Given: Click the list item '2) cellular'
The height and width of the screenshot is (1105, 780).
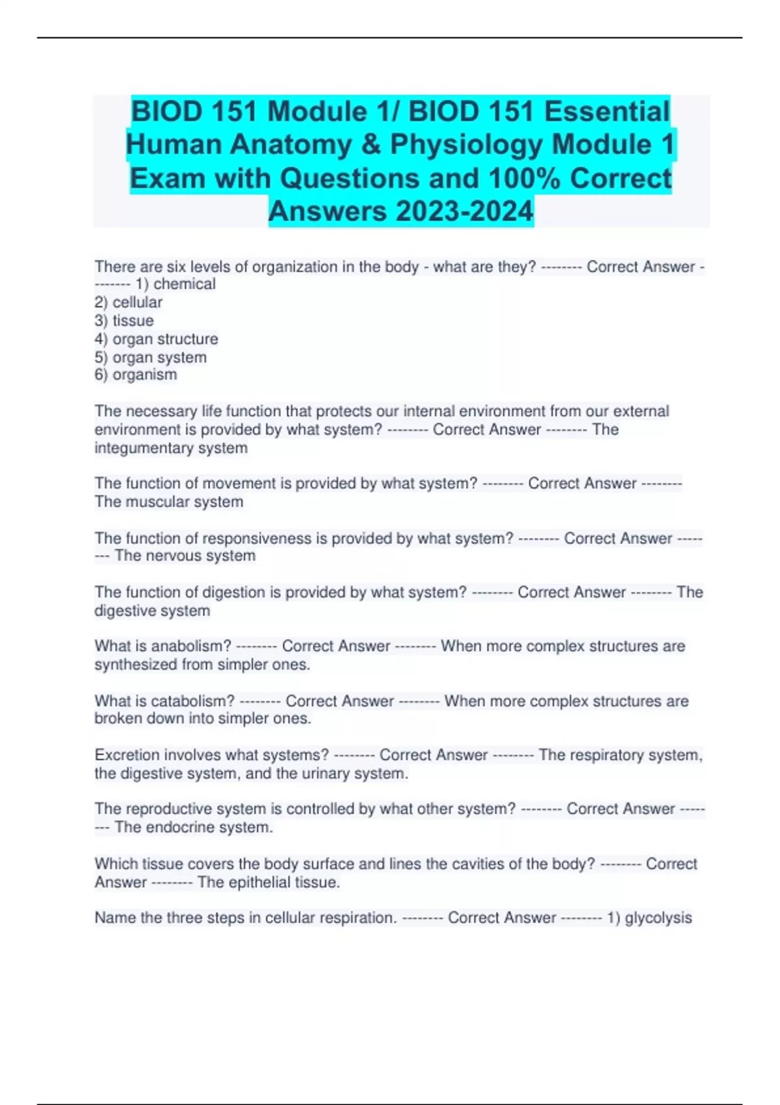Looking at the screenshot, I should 129,302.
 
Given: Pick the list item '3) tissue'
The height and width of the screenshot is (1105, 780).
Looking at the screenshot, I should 124,320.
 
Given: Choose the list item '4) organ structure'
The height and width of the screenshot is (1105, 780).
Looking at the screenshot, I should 156,339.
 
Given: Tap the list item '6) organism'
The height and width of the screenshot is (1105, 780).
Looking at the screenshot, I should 136,374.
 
